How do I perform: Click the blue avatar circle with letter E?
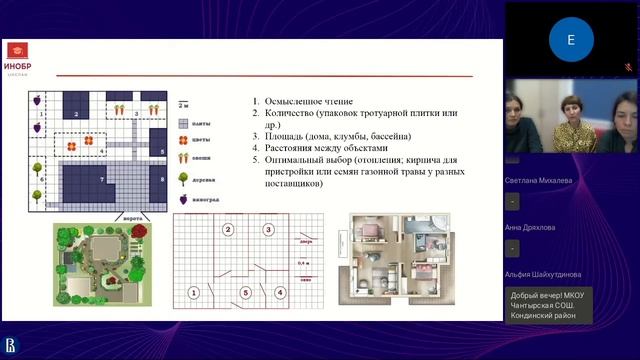point(571,40)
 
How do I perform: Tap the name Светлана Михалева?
point(539,181)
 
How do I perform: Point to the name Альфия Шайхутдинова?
point(545,274)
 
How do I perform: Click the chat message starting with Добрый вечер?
point(549,305)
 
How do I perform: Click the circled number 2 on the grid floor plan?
point(228,230)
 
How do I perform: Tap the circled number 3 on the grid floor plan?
point(268,230)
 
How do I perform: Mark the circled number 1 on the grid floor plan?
point(193,293)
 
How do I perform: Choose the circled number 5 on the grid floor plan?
point(245,293)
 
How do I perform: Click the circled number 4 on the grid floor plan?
point(280,293)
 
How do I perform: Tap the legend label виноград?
point(206,198)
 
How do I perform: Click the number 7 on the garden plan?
point(102,179)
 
